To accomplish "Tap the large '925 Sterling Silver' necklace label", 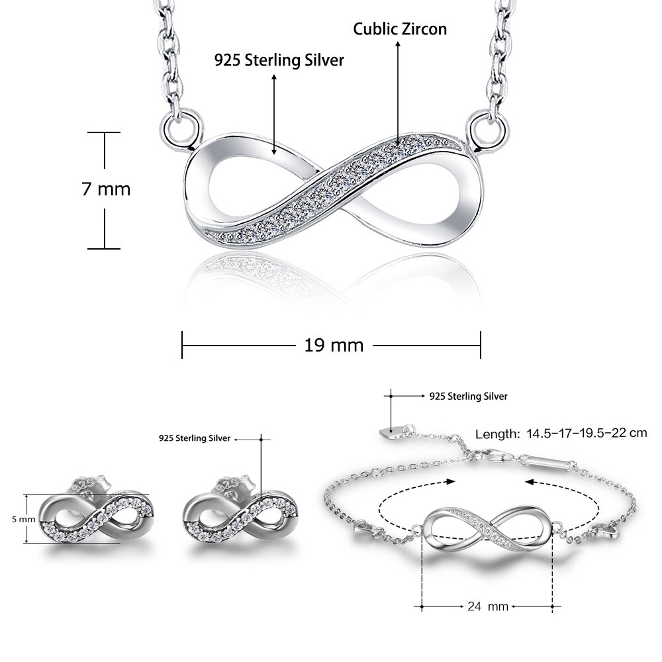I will (x=279, y=60).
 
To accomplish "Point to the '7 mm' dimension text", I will (x=106, y=189).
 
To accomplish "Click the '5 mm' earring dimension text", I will (x=18, y=519).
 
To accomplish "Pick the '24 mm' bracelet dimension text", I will (x=487, y=606).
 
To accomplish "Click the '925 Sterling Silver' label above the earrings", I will (x=195, y=438).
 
